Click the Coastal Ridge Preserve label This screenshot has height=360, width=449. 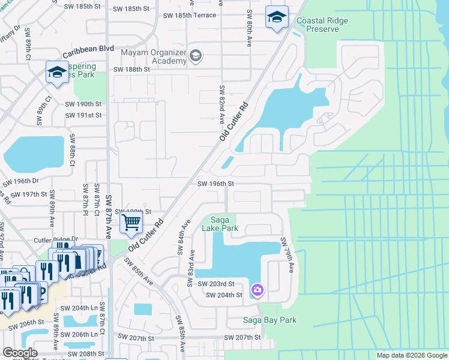tap(322, 25)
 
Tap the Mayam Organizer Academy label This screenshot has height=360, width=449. tap(154, 56)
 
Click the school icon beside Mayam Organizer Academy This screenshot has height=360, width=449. tap(195, 57)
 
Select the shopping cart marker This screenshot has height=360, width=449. tap(131, 223)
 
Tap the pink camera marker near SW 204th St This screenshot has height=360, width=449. tap(257, 290)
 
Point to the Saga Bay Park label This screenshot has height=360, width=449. tap(270, 320)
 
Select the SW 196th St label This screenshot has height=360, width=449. tap(215, 184)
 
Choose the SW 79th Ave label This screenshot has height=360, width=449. tap(287, 255)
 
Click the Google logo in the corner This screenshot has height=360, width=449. tap(19, 353)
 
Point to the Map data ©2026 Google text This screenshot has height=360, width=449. tap(411, 355)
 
